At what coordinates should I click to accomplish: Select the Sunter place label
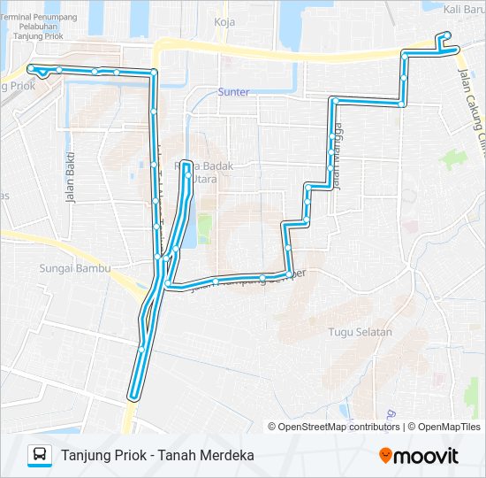(234, 91)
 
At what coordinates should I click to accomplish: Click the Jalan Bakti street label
(70, 178)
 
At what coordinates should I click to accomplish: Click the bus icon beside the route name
(40, 455)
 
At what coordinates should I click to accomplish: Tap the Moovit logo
(419, 456)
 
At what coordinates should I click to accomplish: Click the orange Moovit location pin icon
(386, 456)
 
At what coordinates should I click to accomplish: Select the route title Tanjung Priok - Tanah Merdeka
(158, 455)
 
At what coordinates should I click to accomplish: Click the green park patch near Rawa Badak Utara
(204, 228)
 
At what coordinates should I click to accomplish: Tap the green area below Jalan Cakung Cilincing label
(453, 160)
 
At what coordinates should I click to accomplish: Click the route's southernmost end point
(133, 396)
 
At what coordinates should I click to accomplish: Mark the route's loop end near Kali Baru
(446, 36)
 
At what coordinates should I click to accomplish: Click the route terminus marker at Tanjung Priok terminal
(32, 68)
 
